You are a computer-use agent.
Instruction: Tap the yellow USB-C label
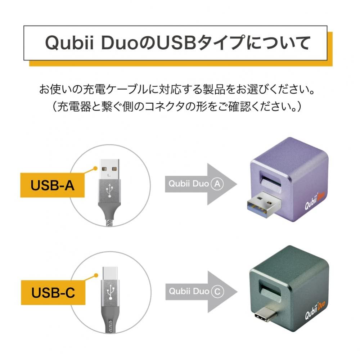(53, 292)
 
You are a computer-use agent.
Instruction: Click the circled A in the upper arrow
(217, 184)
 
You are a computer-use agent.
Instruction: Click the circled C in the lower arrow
(217, 291)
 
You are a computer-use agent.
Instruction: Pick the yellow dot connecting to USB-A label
(95, 168)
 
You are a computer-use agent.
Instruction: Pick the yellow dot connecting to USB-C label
(95, 275)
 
